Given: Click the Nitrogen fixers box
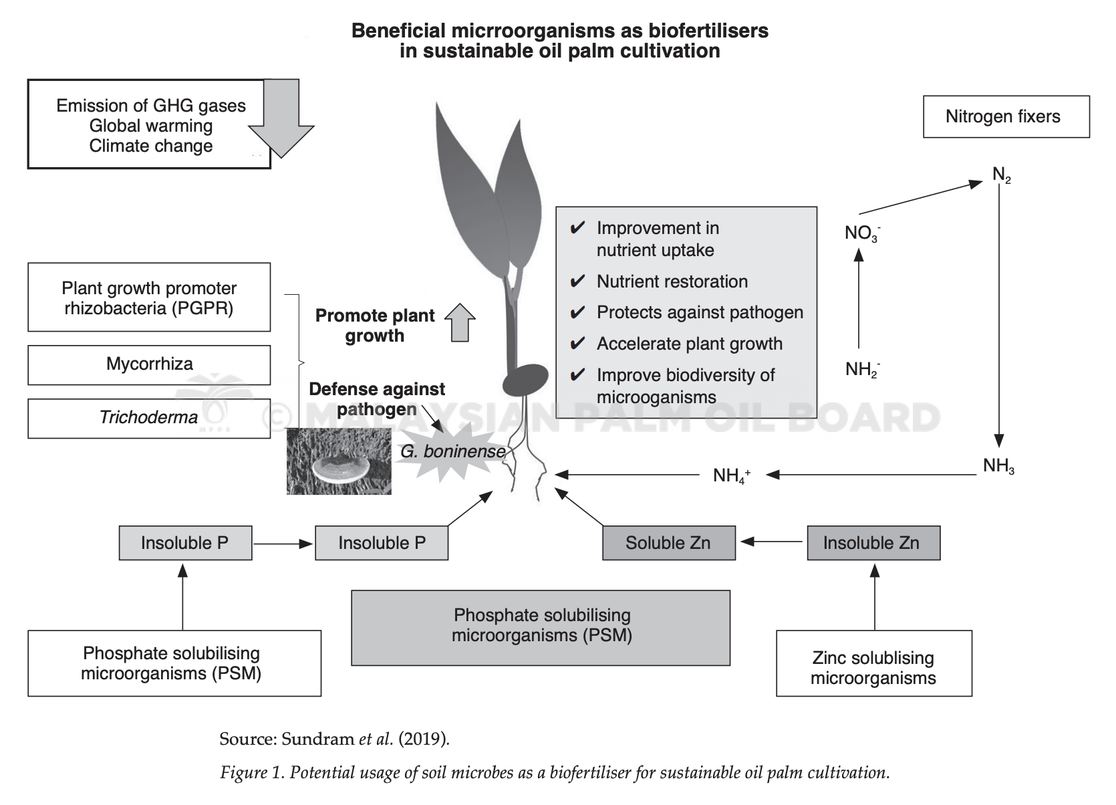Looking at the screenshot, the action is pos(1006,116).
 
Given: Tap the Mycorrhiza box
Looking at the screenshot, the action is pos(149,365).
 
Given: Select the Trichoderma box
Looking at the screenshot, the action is pos(149,418).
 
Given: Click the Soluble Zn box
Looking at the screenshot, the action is pos(669,543).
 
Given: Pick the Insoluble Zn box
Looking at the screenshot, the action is pos(873,543).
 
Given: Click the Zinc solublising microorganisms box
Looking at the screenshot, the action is pos(874,663).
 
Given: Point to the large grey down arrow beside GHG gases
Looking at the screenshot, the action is pos(281,118).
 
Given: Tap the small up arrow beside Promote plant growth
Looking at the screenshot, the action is pos(460,322).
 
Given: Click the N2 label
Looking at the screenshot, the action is pos(1002,175).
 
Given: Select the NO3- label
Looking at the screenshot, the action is pos(863,233).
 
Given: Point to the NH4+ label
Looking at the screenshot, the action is pos(731,475).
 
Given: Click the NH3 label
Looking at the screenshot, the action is pos(998,466).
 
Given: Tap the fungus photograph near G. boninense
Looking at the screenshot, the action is pos(339,461).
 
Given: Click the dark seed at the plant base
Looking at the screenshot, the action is pos(525,379).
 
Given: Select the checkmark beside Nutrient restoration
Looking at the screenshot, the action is pos(577,281).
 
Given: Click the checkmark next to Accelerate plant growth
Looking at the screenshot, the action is pos(577,344).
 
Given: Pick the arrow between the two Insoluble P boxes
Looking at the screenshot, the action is pos(283,544).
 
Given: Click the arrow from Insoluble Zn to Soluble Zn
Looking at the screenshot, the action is pos(771,542).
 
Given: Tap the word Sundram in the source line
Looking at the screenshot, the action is pos(317,739).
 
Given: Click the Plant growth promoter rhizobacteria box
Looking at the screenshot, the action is pos(149,297).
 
